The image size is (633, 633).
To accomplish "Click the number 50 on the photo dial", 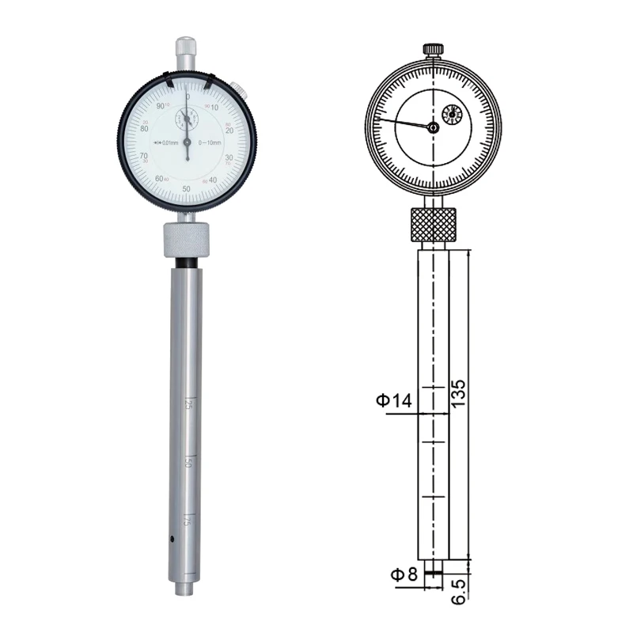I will tap(187, 188).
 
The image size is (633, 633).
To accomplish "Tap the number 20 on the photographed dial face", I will tap(229, 131).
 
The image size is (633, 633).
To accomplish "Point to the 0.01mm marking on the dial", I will tap(167, 142).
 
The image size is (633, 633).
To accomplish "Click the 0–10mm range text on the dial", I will tap(211, 142).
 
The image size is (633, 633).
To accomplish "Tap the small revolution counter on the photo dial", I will tap(188, 119).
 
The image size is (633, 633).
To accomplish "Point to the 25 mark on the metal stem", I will tap(188, 404).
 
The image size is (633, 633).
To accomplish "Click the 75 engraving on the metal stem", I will tap(188, 520).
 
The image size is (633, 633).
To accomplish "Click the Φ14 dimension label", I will tap(394, 401).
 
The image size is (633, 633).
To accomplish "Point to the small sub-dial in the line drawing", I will tap(453, 116).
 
